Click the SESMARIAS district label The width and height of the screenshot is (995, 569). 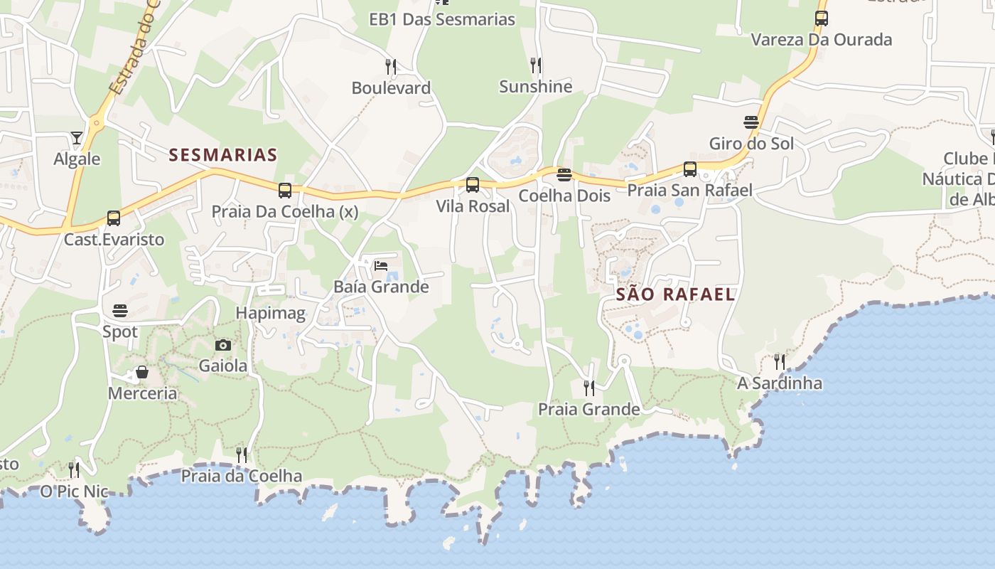[222, 154]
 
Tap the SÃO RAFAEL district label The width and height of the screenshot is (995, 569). [675, 294]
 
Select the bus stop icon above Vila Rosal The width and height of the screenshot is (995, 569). [473, 185]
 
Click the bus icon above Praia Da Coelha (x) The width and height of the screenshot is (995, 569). [285, 190]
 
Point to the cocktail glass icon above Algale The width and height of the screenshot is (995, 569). [77, 137]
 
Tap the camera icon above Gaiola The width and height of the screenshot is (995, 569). [223, 345]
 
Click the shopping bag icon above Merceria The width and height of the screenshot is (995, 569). [142, 372]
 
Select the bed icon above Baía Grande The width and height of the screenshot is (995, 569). [381, 266]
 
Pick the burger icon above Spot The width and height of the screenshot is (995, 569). [120, 311]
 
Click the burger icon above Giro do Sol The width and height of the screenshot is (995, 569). [751, 122]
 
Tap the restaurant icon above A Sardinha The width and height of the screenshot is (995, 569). [780, 362]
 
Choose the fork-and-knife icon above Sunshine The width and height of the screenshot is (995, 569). [536, 65]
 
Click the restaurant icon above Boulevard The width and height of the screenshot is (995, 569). [391, 67]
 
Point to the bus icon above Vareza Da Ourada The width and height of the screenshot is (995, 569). [822, 18]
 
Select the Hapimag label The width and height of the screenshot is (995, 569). [270, 313]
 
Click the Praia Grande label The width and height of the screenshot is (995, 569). [588, 409]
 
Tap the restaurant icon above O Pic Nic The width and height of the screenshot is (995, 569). [74, 469]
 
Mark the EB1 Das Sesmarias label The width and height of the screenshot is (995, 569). [442, 19]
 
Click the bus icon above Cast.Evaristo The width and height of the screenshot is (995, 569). [114, 218]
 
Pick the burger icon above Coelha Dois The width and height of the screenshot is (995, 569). [564, 174]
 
